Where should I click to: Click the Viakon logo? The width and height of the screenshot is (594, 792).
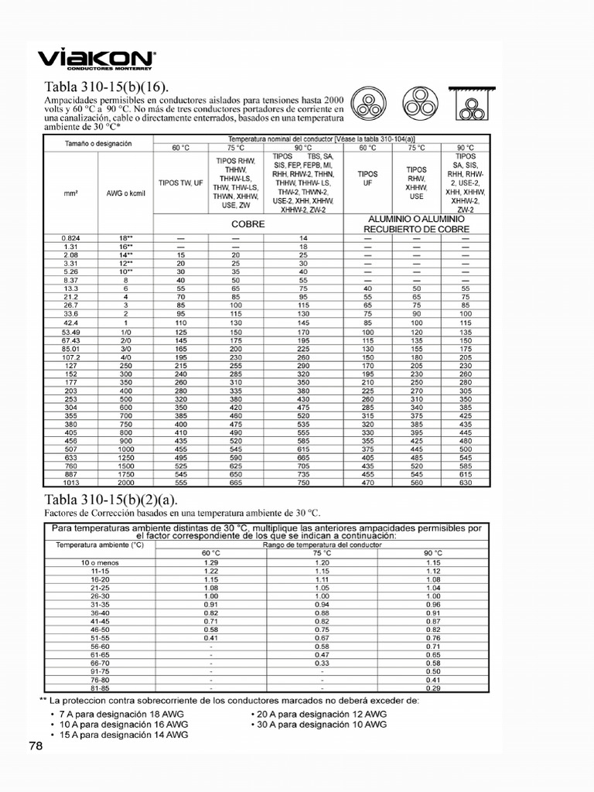point(97,60)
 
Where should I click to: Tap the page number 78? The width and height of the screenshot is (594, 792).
point(36,746)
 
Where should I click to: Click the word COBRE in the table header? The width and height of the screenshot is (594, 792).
point(249,224)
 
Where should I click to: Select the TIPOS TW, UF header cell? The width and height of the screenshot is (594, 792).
point(180,183)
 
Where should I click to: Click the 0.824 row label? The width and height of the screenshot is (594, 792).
point(70,237)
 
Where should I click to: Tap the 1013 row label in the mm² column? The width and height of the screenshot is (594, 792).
point(70,482)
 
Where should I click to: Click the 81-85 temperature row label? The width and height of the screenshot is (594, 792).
point(100,688)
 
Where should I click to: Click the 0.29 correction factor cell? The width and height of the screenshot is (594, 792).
point(434,688)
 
